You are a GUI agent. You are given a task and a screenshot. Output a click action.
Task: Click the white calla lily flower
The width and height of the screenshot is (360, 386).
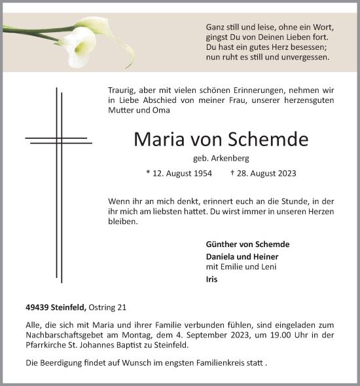tap(80, 47)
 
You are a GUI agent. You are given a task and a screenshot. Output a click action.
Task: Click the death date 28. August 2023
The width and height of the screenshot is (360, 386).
tap(267, 174)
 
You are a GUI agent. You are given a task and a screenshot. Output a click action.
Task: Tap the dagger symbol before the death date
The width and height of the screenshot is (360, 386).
tap(232, 173)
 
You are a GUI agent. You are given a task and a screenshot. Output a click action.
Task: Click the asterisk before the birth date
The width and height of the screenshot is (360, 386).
tap(149, 173)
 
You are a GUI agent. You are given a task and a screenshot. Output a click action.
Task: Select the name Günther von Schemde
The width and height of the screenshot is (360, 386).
tap(247, 244)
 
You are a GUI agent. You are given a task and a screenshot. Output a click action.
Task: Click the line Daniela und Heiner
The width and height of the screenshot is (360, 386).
tap(242, 256)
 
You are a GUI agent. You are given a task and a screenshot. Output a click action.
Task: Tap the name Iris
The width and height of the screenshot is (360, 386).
tap(212, 279)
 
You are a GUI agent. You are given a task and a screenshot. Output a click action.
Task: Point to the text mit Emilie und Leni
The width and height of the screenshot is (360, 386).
tap(241, 267)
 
